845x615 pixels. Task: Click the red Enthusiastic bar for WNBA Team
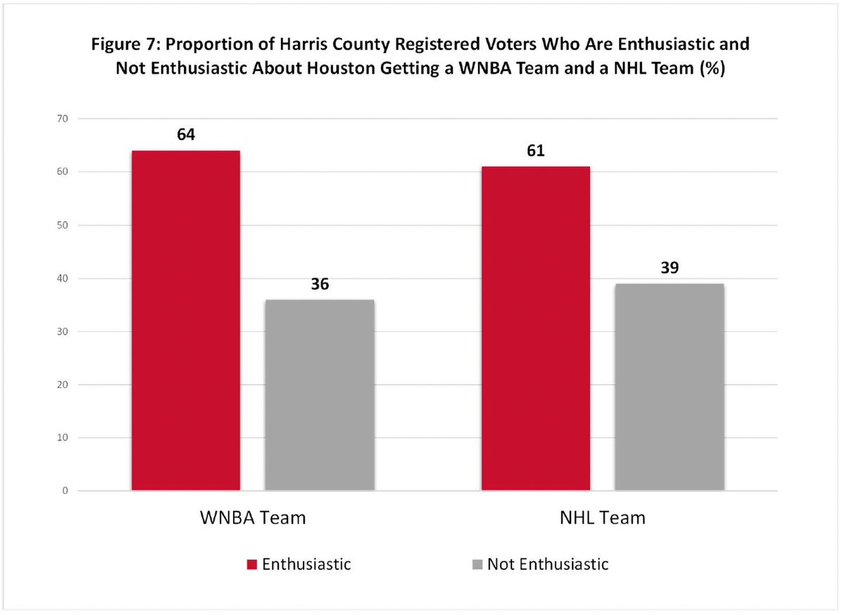(186, 321)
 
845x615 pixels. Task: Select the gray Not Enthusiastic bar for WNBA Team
(319, 395)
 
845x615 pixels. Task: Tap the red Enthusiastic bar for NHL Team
(535, 328)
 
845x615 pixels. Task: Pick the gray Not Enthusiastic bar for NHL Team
(669, 387)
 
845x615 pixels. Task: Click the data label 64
(186, 135)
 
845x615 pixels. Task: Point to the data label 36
(319, 284)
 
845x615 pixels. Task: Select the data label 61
(535, 151)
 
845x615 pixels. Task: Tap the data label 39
(669, 268)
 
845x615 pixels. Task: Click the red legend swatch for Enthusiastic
(251, 564)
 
